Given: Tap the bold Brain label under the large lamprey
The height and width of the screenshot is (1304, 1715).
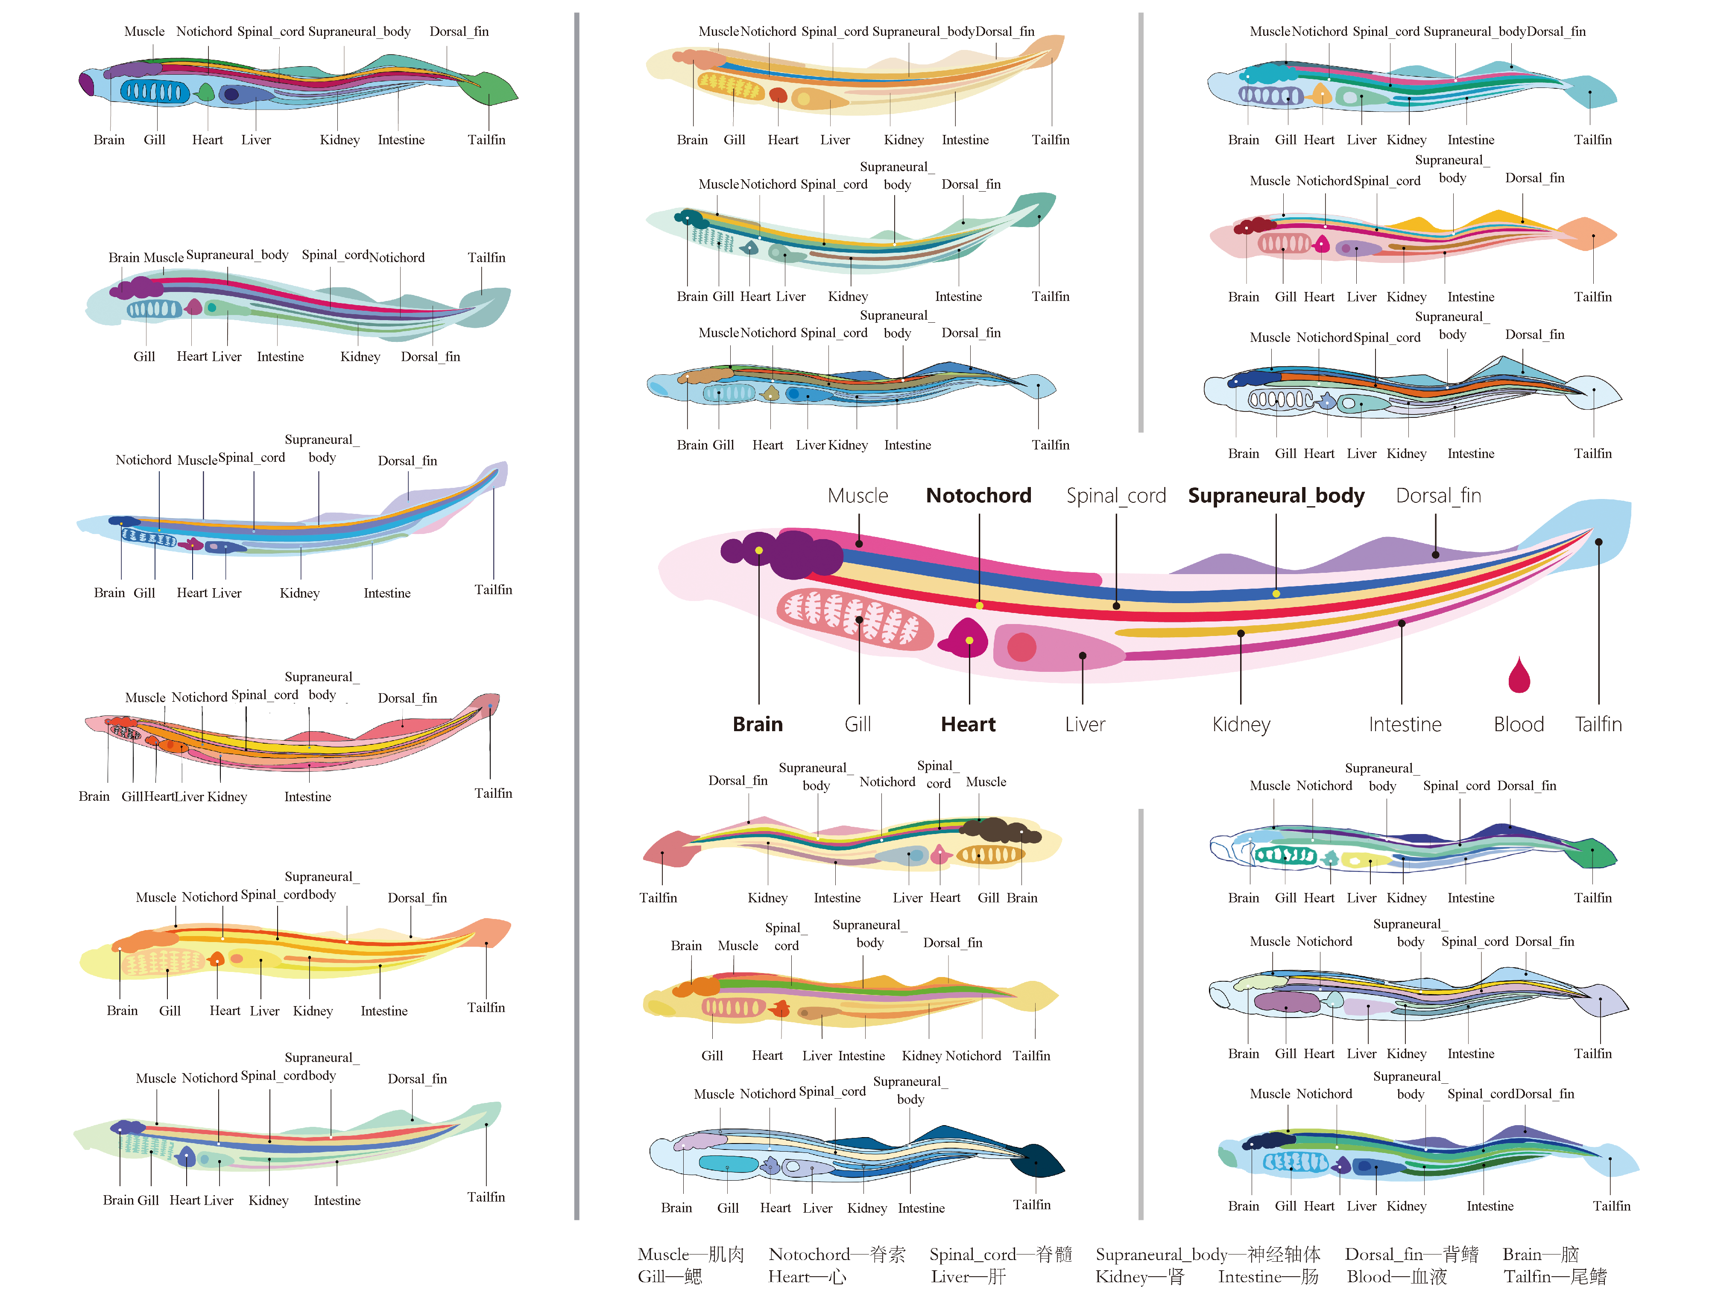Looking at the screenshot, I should [x=757, y=724].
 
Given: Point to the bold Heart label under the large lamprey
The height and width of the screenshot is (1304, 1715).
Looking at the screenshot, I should [x=968, y=724].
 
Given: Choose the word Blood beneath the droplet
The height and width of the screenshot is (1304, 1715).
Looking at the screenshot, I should [x=1519, y=724].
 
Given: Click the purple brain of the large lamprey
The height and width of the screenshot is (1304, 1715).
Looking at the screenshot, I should [x=792, y=553].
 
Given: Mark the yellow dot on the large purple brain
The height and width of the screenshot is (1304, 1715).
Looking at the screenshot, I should [x=758, y=550].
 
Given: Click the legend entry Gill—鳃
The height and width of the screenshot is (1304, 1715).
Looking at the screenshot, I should [x=669, y=1277].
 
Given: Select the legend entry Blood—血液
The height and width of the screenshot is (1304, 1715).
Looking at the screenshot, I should [x=1396, y=1277].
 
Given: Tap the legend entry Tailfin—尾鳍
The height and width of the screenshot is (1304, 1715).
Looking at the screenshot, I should [x=1554, y=1277].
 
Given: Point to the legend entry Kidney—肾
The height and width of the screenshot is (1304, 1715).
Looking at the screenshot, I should [x=1139, y=1277].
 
